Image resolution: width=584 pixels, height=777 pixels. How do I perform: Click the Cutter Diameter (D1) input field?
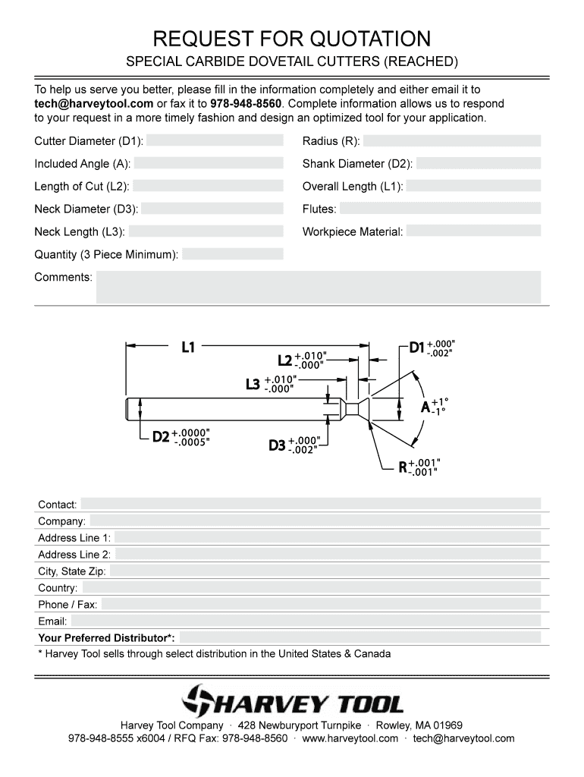215,141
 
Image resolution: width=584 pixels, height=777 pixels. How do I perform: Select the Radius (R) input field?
452,141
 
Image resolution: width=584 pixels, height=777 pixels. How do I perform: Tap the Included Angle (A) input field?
208,164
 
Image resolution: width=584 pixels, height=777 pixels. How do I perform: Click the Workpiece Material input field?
473,231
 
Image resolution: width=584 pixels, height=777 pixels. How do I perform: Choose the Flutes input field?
440,209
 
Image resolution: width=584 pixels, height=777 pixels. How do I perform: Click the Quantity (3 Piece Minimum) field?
233,254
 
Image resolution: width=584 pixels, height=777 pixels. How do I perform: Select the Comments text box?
318,288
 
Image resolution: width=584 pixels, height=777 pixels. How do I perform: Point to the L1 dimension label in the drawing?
188,348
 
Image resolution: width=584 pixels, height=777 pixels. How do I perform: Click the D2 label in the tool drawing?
161,437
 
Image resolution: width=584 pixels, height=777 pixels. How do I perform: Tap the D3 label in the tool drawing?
277,445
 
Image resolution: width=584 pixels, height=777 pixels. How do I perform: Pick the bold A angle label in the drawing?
425,407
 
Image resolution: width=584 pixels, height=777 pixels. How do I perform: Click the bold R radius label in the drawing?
403,467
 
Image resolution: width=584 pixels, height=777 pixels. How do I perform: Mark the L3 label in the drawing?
253,384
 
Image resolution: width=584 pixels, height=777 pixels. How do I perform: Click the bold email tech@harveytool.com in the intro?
94,103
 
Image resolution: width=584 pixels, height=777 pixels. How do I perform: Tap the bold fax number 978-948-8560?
246,103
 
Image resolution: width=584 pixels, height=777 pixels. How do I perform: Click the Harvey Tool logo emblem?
201,700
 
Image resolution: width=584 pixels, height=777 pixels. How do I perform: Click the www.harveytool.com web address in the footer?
350,738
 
